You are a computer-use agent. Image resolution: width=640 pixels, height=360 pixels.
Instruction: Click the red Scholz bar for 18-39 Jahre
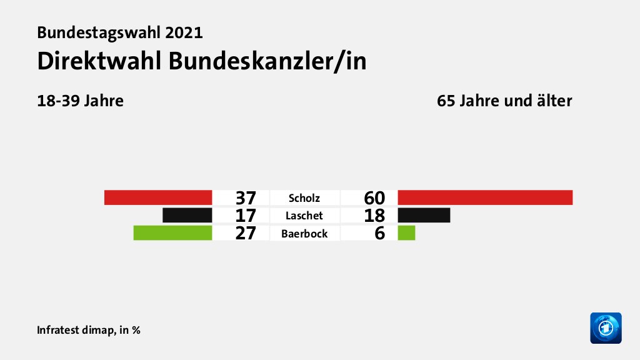tap(158, 197)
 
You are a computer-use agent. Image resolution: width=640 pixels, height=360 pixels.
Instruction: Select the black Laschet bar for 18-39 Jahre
tap(187, 216)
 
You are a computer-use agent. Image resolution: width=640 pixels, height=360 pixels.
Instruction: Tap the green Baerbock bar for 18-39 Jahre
tap(172, 233)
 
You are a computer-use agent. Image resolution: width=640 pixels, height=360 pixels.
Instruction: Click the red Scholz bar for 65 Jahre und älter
tap(485, 197)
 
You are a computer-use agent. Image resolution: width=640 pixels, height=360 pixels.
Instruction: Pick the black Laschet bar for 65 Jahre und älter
tap(424, 216)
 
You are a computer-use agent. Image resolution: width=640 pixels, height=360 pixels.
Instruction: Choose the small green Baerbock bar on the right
tap(406, 233)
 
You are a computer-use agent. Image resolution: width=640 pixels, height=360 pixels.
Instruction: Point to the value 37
tap(246, 198)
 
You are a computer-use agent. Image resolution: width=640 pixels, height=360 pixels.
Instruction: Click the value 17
tap(246, 216)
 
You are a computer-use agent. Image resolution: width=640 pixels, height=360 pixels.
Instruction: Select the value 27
tap(246, 234)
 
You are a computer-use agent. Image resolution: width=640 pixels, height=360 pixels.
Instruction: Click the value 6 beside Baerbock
tap(379, 234)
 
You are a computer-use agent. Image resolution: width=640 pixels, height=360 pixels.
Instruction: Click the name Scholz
tap(304, 198)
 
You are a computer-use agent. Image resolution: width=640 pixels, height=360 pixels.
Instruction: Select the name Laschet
tap(304, 216)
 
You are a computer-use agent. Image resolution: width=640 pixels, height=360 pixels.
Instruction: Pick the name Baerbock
tap(304, 234)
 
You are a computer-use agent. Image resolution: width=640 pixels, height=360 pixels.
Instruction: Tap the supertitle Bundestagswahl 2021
tap(120, 32)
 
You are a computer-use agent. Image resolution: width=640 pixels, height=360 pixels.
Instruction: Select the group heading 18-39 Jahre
tap(80, 101)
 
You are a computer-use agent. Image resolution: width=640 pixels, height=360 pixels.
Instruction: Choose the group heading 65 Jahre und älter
tap(504, 101)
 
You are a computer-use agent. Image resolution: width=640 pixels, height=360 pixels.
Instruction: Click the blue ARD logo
tap(606, 327)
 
